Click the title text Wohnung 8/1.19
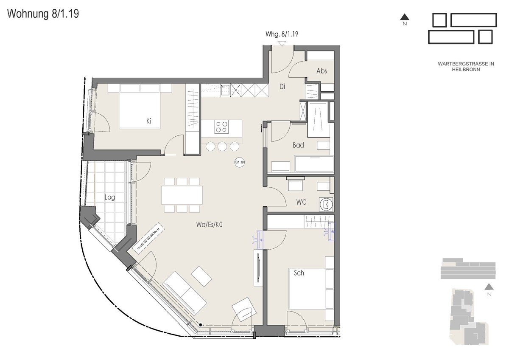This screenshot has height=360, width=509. tap(43, 14)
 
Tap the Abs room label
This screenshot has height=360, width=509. tap(322, 71)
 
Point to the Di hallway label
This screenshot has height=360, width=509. tap(282, 87)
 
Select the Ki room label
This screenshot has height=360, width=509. tap(149, 121)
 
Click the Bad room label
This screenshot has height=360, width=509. tap(298, 145)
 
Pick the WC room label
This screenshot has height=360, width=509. tap(301, 202)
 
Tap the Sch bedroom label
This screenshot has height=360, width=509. tap(299, 273)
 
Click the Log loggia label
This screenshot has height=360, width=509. tap(110, 197)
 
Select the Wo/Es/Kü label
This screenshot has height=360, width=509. tap(209, 225)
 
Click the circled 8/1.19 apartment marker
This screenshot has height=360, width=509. tap(240, 162)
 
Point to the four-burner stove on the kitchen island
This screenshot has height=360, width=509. tap(221, 127)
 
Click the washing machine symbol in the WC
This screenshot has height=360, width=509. tap(326, 204)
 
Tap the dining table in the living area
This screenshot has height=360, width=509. tap(182, 195)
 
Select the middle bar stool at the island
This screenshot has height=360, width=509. tap(222, 146)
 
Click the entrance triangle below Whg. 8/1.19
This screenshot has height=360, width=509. tap(282, 43)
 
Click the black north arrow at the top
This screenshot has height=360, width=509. tap(405, 17)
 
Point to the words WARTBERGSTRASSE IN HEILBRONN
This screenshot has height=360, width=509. tap(466, 67)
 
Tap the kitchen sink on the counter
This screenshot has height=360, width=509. tap(225, 90)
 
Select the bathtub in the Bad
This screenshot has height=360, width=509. tap(314, 163)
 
